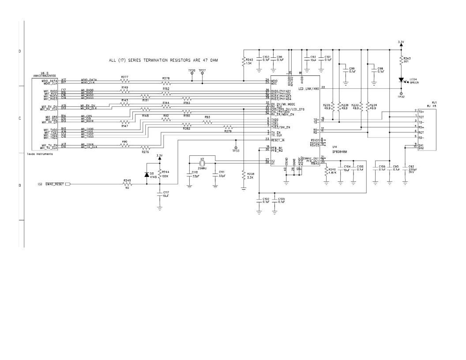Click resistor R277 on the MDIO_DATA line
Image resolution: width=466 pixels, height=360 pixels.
(x=125, y=81)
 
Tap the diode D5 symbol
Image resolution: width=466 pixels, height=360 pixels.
(x=147, y=175)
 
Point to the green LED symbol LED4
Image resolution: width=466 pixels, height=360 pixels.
(x=402, y=80)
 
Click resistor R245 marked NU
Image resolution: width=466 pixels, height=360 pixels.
(x=128, y=184)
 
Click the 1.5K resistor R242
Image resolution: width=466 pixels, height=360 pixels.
(x=243, y=61)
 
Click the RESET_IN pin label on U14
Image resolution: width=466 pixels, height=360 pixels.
(x=278, y=140)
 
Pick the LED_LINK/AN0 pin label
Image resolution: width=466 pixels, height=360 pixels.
(x=308, y=89)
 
